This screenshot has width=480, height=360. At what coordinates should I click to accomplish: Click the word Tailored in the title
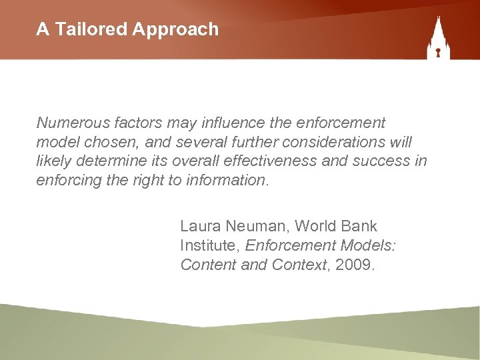89,29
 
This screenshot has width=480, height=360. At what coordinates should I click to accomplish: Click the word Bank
362,227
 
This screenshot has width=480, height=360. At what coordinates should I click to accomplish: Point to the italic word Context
300,265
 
